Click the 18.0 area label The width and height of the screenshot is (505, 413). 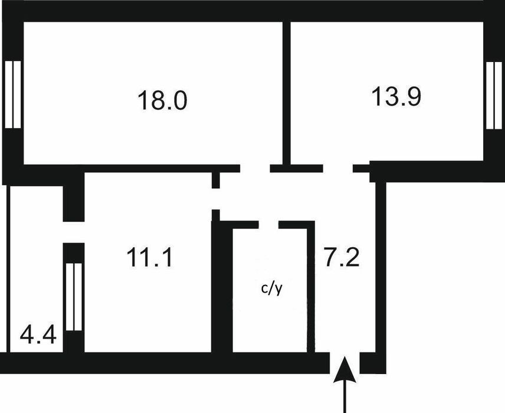[162, 100]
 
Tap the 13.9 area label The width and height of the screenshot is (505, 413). [396, 96]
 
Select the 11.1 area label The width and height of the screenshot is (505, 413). [150, 257]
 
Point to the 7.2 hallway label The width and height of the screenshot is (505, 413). [342, 257]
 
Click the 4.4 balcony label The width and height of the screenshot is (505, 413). [38, 335]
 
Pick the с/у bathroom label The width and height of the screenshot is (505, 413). [272, 289]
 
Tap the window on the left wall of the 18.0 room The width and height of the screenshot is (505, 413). [13, 94]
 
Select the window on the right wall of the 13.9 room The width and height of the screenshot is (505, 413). [494, 96]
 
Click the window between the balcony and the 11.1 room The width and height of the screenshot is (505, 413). [74, 297]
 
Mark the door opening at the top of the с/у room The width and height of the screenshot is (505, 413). [268, 225]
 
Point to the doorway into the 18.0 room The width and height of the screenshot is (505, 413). [255, 169]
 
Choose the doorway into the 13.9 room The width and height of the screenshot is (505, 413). [338, 169]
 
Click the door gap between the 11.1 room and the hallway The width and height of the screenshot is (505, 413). [216, 199]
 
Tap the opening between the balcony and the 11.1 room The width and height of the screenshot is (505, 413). [74, 232]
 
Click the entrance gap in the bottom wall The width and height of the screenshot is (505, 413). [345, 363]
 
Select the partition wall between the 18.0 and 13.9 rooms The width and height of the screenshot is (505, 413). [287, 93]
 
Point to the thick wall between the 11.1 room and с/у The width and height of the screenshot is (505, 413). [222, 287]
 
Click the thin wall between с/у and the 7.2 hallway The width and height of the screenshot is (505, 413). [311, 287]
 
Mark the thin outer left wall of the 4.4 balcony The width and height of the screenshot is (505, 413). [8, 268]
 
